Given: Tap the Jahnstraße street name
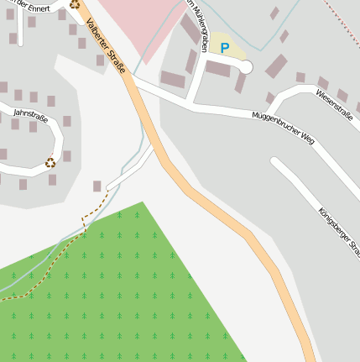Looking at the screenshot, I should pyautogui.click(x=32, y=115).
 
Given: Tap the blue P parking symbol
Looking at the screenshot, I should pyautogui.click(x=224, y=49).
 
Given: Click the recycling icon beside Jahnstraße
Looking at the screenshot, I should pyautogui.click(x=50, y=162).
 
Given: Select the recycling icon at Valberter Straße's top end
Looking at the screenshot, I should pyautogui.click(x=75, y=3).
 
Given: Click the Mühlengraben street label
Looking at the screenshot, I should pyautogui.click(x=198, y=25).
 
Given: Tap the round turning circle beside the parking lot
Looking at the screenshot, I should pyautogui.click(x=247, y=66).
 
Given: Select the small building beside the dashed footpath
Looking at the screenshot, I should pyautogui.click(x=97, y=186).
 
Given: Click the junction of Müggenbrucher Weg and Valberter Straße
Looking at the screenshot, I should pyautogui.click(x=136, y=83).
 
